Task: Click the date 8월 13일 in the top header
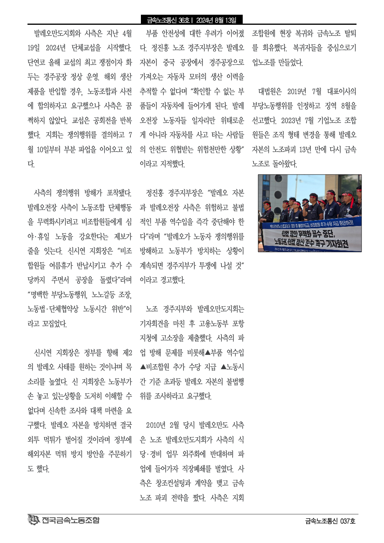pyautogui.click(x=225, y=20)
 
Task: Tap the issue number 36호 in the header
pyautogui.click(x=184, y=20)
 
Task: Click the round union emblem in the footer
pyautogui.click(x=34, y=520)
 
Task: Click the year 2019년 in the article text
pyautogui.click(x=297, y=92)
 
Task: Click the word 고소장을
pyautogui.click(x=171, y=338)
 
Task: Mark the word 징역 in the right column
pyautogui.click(x=331, y=106)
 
